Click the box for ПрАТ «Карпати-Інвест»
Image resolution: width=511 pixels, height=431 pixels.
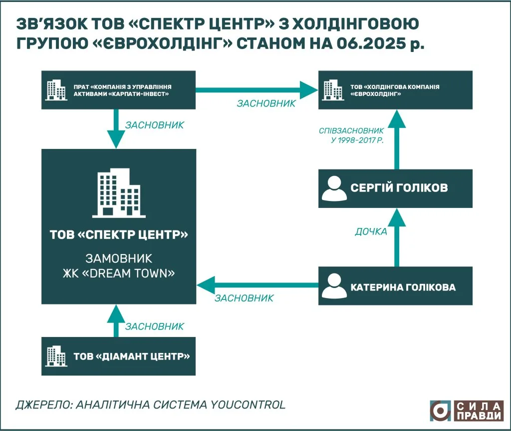(x=119, y=90)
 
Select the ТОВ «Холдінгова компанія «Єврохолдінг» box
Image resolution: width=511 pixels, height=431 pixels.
(x=395, y=90)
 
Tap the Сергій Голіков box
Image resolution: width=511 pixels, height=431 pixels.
(x=395, y=188)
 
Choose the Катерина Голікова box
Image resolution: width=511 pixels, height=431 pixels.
(x=395, y=286)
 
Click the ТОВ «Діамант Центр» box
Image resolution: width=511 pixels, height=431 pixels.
(x=119, y=356)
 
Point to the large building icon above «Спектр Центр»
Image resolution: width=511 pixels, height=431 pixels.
(x=119, y=193)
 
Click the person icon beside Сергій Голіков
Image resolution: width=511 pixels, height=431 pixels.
(x=333, y=188)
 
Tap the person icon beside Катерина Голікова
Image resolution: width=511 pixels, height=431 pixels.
(x=333, y=286)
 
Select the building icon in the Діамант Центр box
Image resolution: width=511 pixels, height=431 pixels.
(x=55, y=356)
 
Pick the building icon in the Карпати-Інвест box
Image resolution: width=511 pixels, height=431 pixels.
(x=55, y=90)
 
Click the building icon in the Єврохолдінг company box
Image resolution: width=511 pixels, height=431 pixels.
(x=332, y=90)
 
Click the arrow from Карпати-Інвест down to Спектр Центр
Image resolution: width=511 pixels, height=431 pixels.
(x=116, y=128)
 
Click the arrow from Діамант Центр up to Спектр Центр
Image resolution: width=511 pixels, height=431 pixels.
(x=116, y=320)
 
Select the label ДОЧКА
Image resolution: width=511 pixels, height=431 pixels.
(x=371, y=232)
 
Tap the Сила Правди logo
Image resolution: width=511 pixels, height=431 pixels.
(x=467, y=410)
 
